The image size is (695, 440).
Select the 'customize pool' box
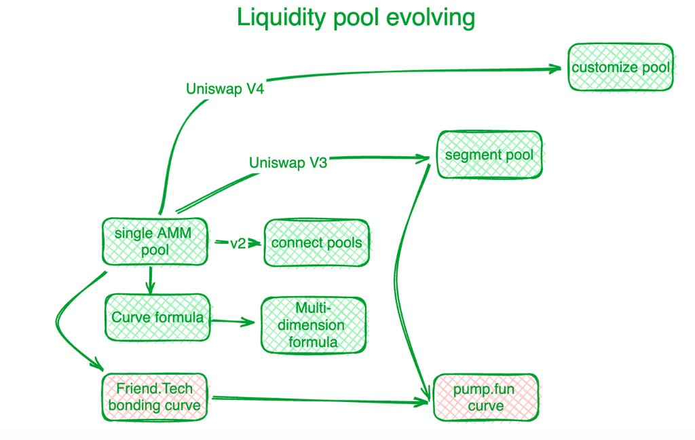click(x=621, y=67)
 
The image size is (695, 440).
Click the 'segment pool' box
click(x=489, y=155)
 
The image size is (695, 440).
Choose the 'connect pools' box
click(x=316, y=242)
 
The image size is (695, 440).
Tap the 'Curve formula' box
click(x=157, y=318)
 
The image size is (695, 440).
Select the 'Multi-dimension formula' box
click(x=312, y=325)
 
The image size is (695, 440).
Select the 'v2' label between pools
click(x=238, y=243)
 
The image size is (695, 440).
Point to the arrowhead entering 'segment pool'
click(x=426, y=158)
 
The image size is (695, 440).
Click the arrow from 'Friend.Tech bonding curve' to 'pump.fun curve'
click(x=319, y=400)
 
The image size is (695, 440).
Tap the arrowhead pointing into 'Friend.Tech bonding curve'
click(x=98, y=365)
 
